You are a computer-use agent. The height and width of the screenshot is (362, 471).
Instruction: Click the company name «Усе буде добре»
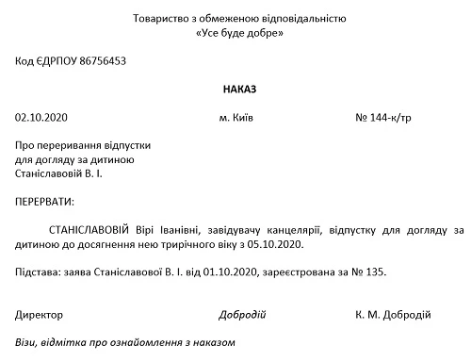(235, 33)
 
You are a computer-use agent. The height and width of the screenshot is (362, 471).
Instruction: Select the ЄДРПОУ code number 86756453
(100, 61)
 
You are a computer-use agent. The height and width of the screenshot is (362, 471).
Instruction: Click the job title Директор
(40, 314)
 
